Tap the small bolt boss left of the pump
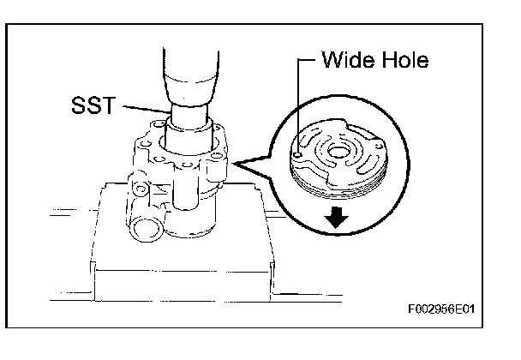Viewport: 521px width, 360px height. tap(138, 183)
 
